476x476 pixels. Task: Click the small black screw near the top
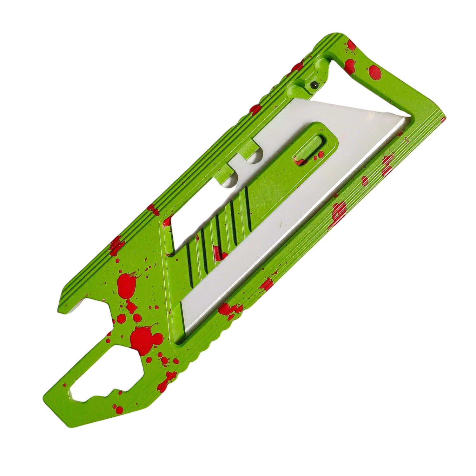(x=314, y=85)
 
